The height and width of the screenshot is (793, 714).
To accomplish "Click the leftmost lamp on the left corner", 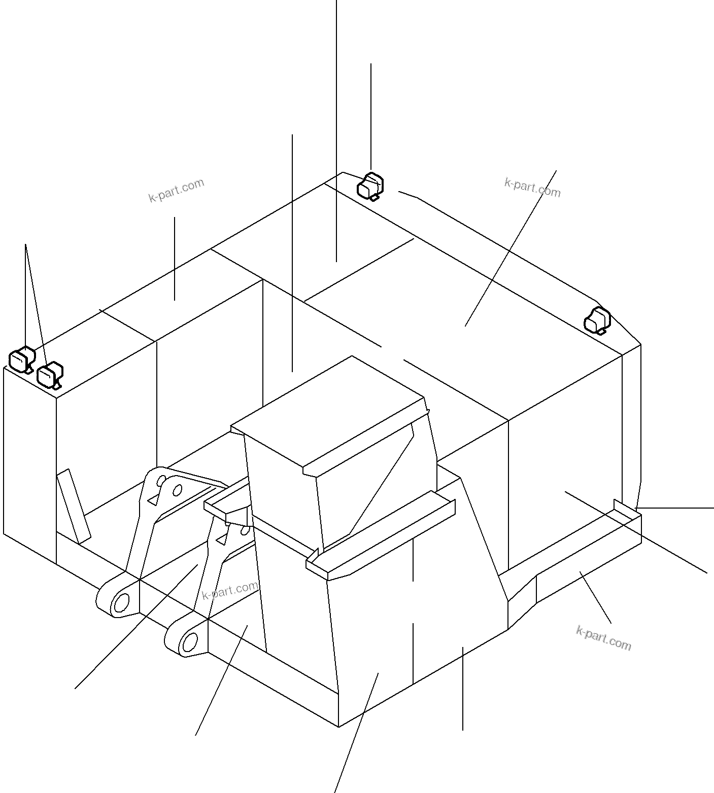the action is pos(22,359).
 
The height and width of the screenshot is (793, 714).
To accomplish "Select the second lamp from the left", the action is pos(50,376).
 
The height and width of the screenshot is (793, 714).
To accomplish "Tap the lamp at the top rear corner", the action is pos(370,186).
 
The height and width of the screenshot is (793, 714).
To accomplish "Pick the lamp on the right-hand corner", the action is pos(597,320).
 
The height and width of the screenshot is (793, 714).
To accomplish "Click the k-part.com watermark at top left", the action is pos(176,191).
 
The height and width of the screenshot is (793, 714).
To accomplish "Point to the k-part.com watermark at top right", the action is pos(532,188).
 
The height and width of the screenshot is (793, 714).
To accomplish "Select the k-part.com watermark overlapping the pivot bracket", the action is pos(230,591).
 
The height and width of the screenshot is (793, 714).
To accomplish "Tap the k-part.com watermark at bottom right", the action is pos(604,638).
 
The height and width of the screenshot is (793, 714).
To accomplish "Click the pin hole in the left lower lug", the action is pos(122,604).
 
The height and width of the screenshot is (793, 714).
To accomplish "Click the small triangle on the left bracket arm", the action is pos(152,501).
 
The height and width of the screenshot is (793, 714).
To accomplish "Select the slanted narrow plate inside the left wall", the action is pos(74,507).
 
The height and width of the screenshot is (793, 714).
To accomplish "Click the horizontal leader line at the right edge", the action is pos(674,508).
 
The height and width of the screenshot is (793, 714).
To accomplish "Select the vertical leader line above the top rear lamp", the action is pos(371,117).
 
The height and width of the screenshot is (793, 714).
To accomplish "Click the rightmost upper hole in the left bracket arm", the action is pos(178,490).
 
